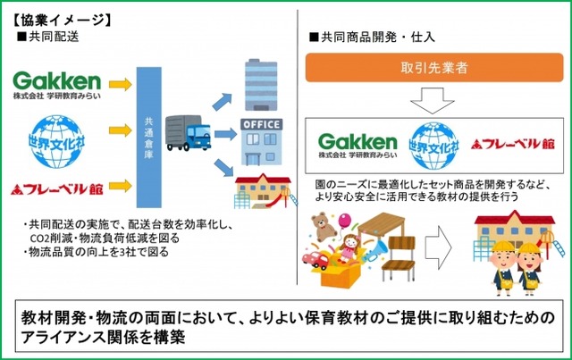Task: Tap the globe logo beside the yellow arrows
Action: (x=55, y=136)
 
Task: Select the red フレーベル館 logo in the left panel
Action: (x=55, y=189)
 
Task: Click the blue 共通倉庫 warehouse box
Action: (x=150, y=134)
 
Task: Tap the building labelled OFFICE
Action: (x=261, y=140)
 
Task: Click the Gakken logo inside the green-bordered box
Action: (x=357, y=145)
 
